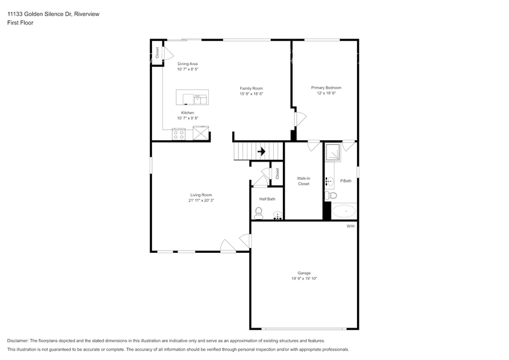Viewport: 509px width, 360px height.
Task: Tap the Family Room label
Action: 251,88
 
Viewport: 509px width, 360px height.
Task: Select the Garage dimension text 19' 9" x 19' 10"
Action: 304,278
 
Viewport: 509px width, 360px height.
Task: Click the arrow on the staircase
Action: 261,151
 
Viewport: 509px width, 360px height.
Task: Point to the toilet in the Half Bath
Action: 258,213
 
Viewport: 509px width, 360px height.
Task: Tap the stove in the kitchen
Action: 179,133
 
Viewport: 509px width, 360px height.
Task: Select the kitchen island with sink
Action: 192,97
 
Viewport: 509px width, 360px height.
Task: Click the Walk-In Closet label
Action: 303,181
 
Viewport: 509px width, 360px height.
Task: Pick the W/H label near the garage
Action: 350,226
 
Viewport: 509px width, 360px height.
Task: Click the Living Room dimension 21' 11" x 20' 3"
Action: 201,200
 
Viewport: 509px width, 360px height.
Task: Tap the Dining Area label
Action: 187,64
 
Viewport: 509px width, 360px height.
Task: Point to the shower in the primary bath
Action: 333,151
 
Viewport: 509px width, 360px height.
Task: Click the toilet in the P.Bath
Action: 331,195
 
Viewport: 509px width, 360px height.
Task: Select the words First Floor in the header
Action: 20,23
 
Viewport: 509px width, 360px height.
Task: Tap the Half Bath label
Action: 267,199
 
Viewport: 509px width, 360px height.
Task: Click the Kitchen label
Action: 187,113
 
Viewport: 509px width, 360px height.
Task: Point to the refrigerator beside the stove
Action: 200,133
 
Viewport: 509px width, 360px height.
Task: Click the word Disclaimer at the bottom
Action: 20,340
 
